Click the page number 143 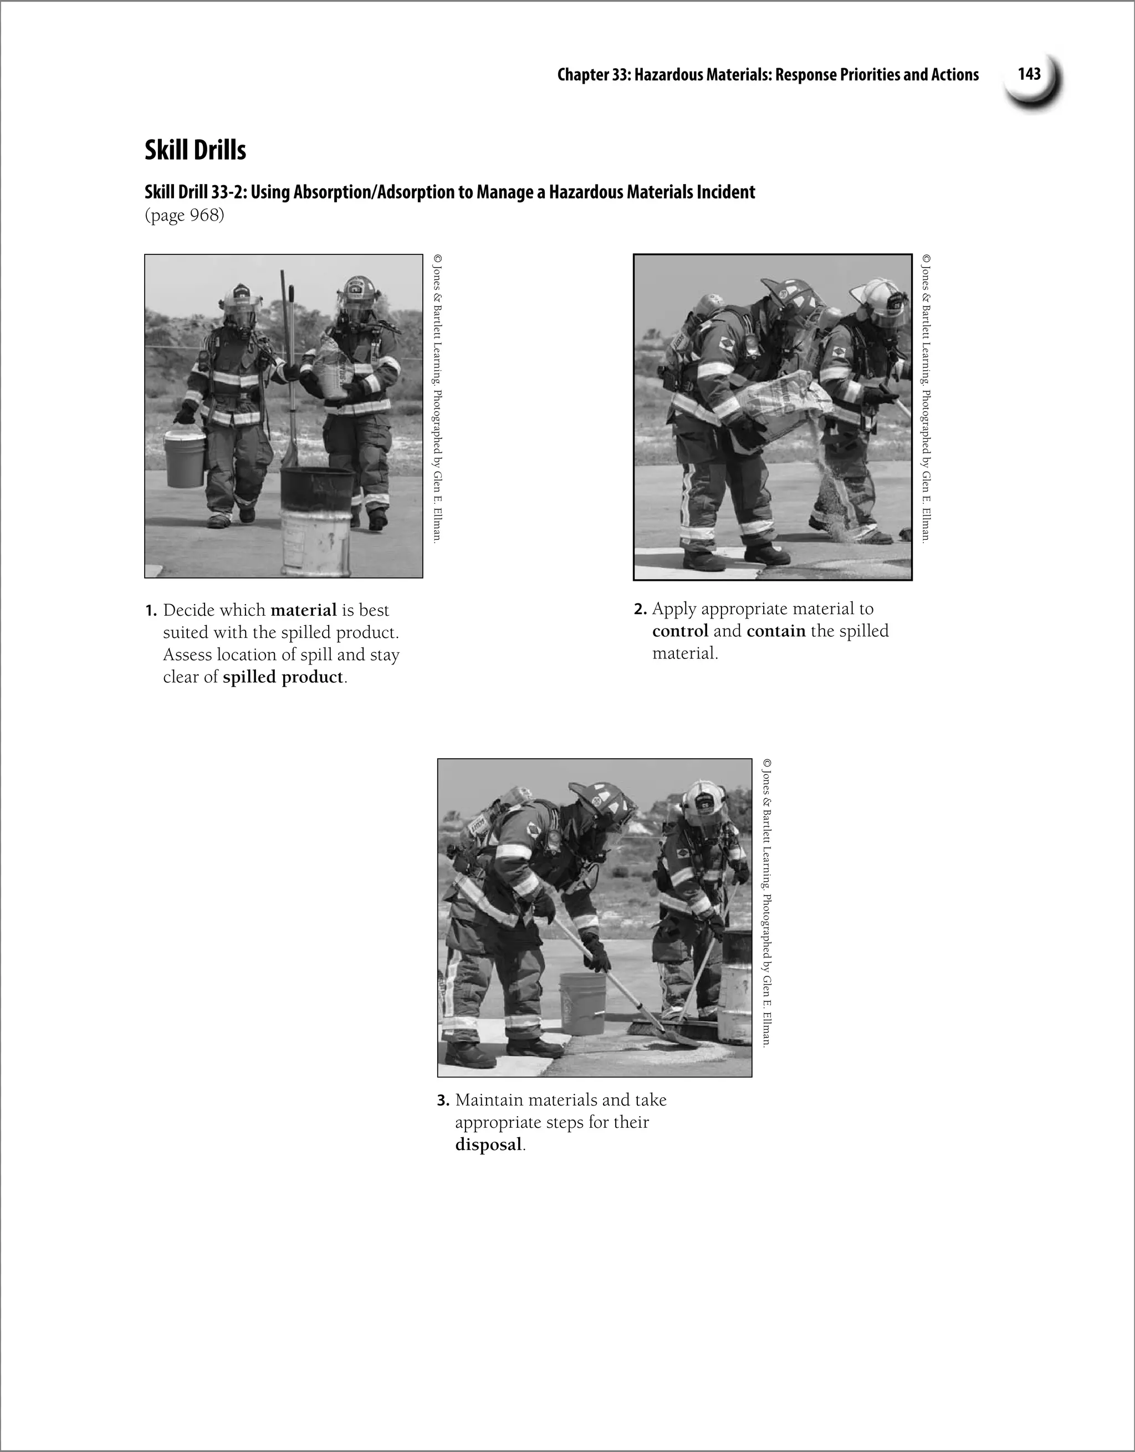[1029, 74]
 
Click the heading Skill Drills [196, 150]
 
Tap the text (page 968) [184, 216]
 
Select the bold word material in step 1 [303, 610]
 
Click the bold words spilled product [283, 677]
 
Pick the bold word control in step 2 [680, 631]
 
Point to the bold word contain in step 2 [776, 631]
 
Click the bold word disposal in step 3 [488, 1145]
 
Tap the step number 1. [151, 611]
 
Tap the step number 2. [640, 610]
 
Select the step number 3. [443, 1101]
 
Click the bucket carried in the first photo [185, 459]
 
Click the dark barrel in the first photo [316, 489]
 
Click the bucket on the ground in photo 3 [582, 1003]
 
